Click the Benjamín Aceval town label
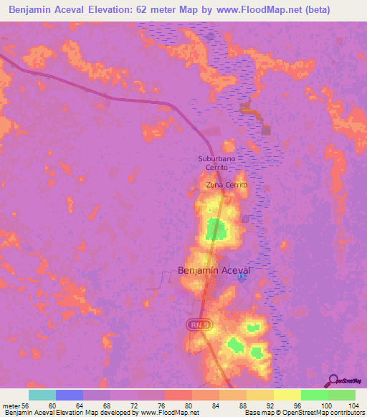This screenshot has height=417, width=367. coord(213,271)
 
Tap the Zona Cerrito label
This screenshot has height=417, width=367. coord(227,185)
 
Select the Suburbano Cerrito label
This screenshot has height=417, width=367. coord(217,163)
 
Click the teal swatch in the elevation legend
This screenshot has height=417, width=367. coord(42,395)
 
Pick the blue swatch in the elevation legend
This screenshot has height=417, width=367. coord(70,395)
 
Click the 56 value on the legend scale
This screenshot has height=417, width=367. coord(27,406)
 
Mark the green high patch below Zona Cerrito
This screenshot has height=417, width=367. coord(215,229)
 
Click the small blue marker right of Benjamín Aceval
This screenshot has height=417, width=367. coord(242,277)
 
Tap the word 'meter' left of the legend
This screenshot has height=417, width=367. coord(10,406)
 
